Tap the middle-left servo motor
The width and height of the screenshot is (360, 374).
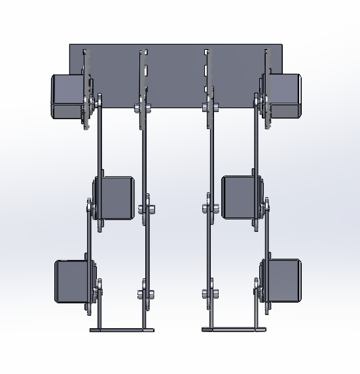point(116,196)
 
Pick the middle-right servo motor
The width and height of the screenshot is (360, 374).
point(240,196)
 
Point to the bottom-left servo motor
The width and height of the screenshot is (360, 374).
point(72,281)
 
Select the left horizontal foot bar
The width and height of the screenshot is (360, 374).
point(122,329)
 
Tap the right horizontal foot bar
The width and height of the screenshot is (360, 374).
point(234,329)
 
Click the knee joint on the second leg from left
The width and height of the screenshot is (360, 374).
point(147,210)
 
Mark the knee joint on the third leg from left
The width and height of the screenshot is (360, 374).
point(210,210)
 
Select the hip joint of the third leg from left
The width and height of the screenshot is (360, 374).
point(211,107)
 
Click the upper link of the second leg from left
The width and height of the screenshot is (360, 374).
point(143,157)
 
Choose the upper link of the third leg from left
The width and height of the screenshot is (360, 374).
point(211,157)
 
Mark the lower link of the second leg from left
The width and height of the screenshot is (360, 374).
point(146,252)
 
